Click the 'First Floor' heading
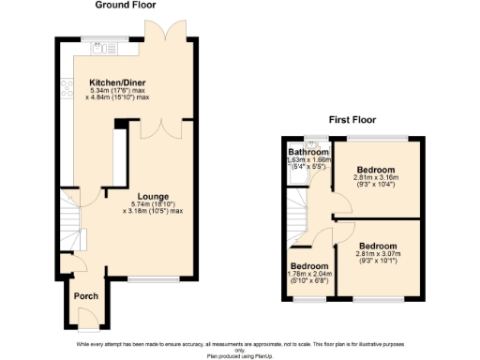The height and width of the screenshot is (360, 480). [352, 120]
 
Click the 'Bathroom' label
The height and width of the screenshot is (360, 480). [308, 152]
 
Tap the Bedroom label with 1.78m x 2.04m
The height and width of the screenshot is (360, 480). [307, 266]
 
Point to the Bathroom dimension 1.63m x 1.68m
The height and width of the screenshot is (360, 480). [309, 160]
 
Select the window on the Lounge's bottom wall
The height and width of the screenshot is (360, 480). [146, 278]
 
